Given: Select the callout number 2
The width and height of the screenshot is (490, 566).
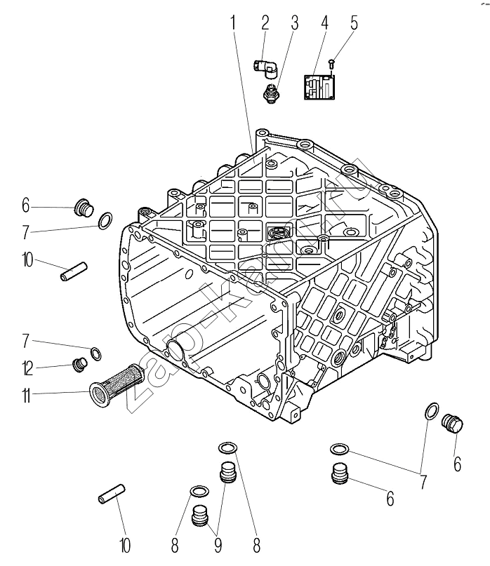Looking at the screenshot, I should click(x=265, y=22).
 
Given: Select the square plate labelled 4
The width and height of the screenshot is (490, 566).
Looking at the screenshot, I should click(x=320, y=87).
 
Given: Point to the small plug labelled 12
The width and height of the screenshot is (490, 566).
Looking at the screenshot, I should click(x=80, y=363).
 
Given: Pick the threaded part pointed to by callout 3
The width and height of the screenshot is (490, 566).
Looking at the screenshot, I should click(x=270, y=94).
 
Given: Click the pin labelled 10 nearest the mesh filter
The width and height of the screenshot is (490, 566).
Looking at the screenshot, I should click(x=73, y=271).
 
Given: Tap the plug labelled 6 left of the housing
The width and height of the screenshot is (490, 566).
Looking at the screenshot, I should click(x=83, y=208).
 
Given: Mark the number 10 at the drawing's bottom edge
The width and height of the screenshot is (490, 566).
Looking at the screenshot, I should click(x=125, y=544).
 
